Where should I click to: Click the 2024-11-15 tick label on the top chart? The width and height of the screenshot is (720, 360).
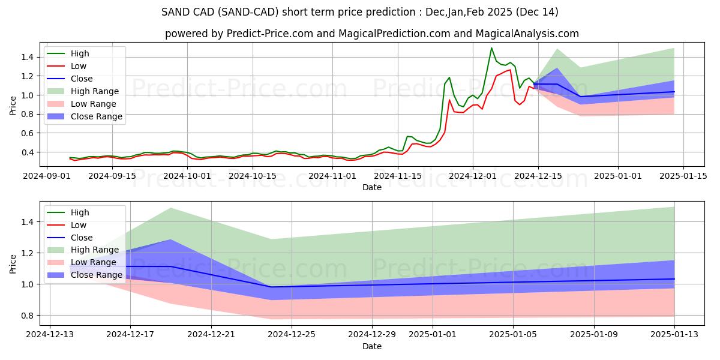point(398,176)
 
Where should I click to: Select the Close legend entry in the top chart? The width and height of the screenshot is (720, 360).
point(82,79)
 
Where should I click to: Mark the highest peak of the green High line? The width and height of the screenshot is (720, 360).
point(491,48)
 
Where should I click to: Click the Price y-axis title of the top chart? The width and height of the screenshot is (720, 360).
point(13,105)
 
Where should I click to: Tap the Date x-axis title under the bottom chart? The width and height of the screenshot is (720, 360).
point(372,347)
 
